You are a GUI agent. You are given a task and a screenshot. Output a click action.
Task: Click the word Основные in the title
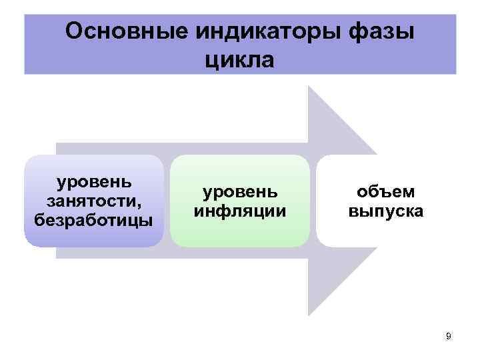pyautogui.click(x=121, y=31)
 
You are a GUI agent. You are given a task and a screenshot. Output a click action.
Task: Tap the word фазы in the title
pyautogui.click(x=383, y=31)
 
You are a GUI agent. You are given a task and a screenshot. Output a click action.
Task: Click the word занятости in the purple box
pyautogui.click(x=91, y=201)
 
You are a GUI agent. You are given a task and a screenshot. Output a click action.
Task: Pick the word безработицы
pyautogui.click(x=93, y=219)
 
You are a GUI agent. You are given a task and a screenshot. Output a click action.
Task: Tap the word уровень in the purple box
pyautogui.click(x=93, y=182)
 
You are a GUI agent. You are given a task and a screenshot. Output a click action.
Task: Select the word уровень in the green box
pyautogui.click(x=240, y=192)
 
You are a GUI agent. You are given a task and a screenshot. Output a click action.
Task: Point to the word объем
pyautogui.click(x=385, y=192)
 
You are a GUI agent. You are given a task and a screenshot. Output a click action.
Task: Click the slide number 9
pyautogui.click(x=449, y=336)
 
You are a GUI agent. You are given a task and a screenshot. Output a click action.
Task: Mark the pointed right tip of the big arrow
pyautogui.click(x=421, y=201)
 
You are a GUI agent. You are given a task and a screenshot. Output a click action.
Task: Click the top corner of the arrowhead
pyautogui.click(x=309, y=86)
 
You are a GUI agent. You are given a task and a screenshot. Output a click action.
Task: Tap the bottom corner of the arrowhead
pyautogui.click(x=309, y=315)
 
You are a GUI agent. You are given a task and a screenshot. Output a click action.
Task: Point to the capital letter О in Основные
pyautogui.click(x=74, y=31)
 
